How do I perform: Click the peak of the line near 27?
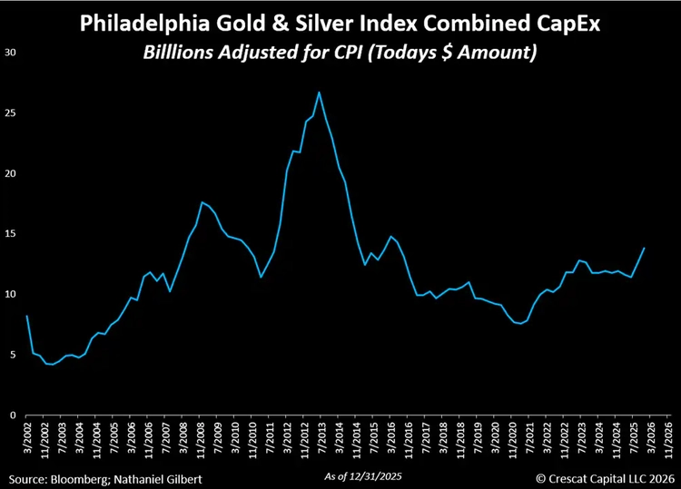(x=319, y=92)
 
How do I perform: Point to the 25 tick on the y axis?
(x=10, y=113)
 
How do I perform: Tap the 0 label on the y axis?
(x=13, y=416)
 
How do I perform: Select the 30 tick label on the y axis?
(x=10, y=53)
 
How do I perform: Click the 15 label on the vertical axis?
(x=10, y=234)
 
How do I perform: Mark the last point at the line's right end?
(x=645, y=248)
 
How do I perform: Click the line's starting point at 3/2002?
(x=26, y=316)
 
